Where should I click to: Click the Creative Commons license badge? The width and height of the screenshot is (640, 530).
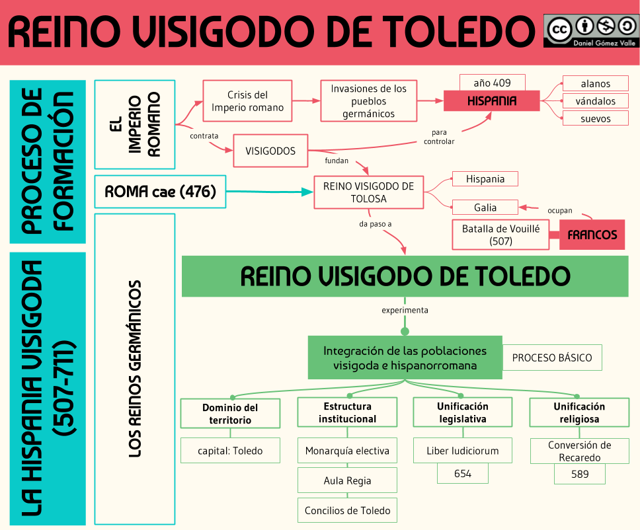(591, 30)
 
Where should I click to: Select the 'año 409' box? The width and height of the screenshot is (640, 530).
(492, 83)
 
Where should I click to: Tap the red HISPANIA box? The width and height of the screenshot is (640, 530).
(492, 101)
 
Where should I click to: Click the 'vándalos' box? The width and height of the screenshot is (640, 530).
(595, 101)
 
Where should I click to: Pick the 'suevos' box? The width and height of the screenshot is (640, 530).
(595, 119)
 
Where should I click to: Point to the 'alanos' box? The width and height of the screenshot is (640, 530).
(595, 84)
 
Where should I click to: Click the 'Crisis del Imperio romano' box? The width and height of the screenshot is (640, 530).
(247, 101)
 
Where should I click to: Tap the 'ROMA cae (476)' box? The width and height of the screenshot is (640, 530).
(160, 192)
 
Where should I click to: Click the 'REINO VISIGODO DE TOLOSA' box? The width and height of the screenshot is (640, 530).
(368, 192)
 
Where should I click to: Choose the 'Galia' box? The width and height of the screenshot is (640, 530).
(485, 208)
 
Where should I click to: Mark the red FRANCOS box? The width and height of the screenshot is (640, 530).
(592, 235)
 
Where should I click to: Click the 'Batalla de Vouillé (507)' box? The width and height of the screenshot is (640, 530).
(500, 235)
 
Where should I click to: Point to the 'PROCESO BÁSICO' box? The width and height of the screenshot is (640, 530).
(552, 358)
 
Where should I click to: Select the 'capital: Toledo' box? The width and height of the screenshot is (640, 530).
(230, 451)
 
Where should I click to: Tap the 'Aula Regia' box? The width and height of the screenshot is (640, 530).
(347, 480)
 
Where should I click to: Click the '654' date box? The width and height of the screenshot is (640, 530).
(463, 473)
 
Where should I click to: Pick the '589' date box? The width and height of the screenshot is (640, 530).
(579, 474)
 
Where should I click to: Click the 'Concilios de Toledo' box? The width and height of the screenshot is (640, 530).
(347, 510)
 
